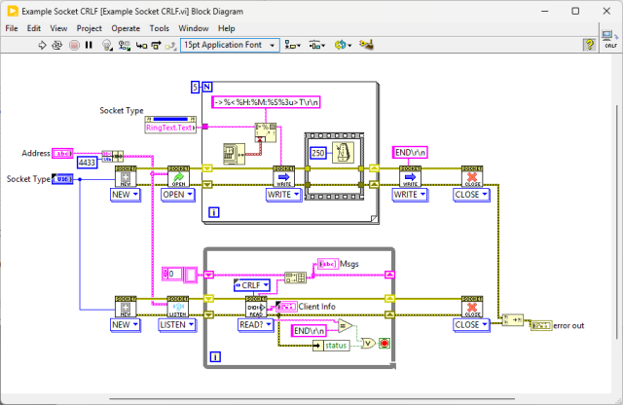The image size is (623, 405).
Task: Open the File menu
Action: click(x=12, y=28)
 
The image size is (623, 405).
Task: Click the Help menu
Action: click(x=226, y=28)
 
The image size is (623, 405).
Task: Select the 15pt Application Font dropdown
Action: click(x=229, y=45)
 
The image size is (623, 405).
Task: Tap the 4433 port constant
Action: click(x=87, y=163)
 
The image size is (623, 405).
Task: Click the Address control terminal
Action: click(x=62, y=153)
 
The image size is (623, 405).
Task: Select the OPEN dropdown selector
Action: click(x=177, y=195)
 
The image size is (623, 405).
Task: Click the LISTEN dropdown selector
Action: click(x=177, y=324)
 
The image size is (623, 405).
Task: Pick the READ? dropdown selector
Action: click(x=255, y=324)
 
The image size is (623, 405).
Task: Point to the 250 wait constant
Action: click(x=317, y=152)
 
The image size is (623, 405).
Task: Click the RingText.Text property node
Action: click(x=169, y=128)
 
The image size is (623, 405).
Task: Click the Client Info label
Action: click(x=317, y=307)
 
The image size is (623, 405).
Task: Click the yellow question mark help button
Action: click(x=589, y=45)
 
